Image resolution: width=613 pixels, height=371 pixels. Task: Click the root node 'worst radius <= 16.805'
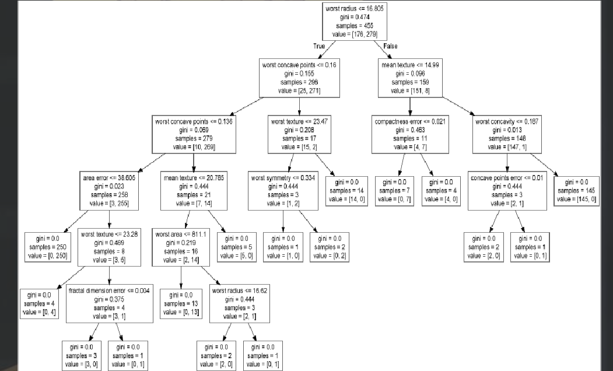pos(355,22)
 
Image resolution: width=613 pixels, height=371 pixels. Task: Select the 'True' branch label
pos(320,45)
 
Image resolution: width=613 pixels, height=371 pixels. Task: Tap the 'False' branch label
pos(390,45)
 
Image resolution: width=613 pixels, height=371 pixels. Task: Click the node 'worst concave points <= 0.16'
pos(299,78)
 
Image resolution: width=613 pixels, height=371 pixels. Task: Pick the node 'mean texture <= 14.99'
pos(410,78)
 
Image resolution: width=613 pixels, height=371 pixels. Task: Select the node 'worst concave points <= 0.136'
pos(195,135)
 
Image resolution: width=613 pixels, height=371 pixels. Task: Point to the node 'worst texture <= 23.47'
pos(299,135)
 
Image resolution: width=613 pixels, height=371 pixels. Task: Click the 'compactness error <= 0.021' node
pos(410,135)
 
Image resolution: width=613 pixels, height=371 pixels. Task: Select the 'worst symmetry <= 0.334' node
pos(283,190)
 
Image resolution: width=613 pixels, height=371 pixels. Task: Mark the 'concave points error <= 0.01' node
pos(507,190)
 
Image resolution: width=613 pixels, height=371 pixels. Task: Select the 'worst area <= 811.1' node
pos(181,247)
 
